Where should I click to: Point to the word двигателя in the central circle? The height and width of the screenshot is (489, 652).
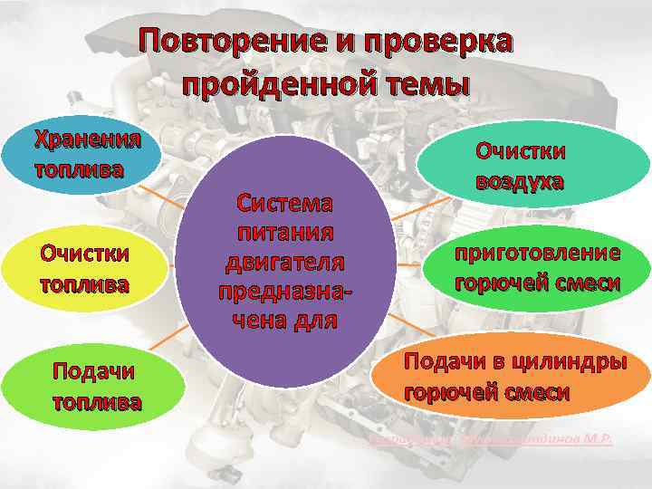coord(284,262)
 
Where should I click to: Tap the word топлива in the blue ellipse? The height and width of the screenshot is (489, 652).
coord(79,169)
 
